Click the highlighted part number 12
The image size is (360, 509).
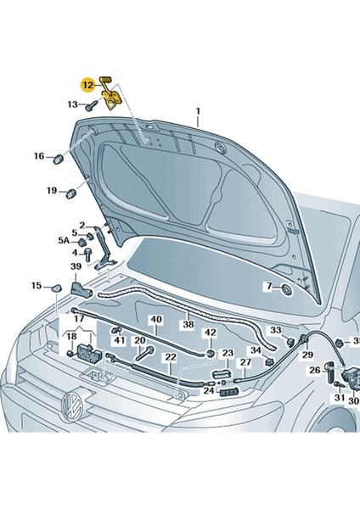coord(87,85)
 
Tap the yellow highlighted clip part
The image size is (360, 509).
coord(111,95)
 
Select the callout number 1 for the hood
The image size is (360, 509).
coord(198,111)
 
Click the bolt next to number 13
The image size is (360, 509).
coord(91,105)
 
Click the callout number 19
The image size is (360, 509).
coord(51,191)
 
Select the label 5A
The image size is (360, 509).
coord(64,241)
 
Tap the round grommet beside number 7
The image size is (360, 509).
coord(285,288)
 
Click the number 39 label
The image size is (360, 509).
coord(76,267)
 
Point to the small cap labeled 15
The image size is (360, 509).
coord(55,288)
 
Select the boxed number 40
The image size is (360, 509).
coord(156,320)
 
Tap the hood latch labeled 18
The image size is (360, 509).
coord(85,353)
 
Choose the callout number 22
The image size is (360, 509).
coord(171,357)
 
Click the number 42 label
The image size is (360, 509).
coord(210,333)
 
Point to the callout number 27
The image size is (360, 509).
coord(245,362)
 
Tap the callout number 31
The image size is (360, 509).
coord(339,398)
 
